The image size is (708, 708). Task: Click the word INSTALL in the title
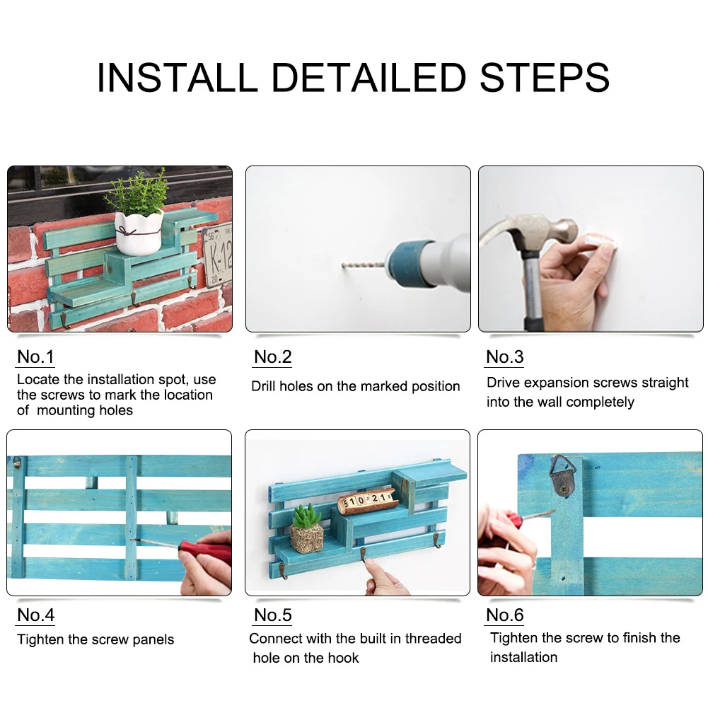click(x=177, y=77)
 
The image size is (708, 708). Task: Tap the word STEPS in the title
click(x=545, y=77)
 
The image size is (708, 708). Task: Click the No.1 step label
click(x=35, y=356)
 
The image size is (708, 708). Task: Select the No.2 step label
click(x=273, y=356)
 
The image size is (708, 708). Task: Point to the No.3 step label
click(x=505, y=356)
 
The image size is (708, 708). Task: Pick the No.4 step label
click(x=35, y=615)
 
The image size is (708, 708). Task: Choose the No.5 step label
click(x=273, y=615)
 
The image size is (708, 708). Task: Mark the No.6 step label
click(x=505, y=615)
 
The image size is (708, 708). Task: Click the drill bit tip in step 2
click(x=343, y=265)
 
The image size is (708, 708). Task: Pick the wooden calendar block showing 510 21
click(x=366, y=501)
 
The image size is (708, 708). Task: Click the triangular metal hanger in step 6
click(x=560, y=476)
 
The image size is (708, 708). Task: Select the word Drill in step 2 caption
click(x=264, y=386)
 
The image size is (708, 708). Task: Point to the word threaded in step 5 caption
click(x=433, y=638)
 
